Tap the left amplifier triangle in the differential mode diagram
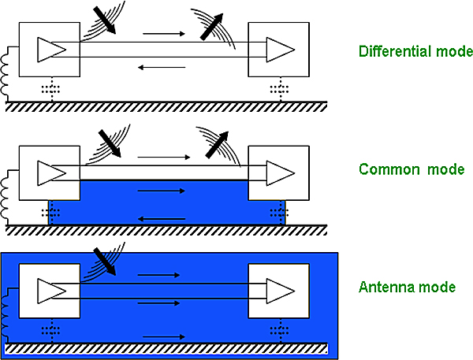coord(51,50)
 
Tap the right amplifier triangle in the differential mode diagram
coord(280,50)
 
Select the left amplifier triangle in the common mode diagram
coord(51,173)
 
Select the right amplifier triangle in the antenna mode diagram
coord(280,291)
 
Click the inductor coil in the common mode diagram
coord(5,198)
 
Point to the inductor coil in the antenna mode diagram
coord(5,315)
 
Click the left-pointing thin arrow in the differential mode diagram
coord(162,67)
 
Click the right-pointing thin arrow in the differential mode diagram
coord(164,33)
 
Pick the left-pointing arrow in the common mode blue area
coord(162,219)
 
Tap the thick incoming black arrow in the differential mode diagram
coord(104,20)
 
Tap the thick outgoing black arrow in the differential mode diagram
coord(212,27)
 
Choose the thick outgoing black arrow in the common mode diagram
coord(217,145)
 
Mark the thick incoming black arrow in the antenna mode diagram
coord(105,262)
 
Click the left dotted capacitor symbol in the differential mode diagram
coord(51,89)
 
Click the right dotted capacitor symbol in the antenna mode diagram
coord(280,330)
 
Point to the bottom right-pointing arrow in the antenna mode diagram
coord(164,337)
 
